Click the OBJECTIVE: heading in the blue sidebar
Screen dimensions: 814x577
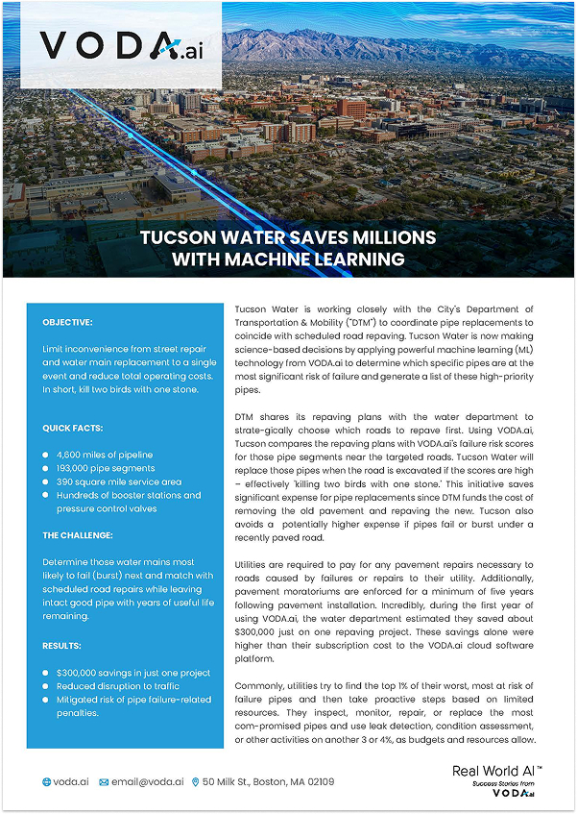[68, 322]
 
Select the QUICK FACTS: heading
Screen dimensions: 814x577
[73, 428]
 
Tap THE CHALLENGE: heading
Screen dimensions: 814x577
[78, 534]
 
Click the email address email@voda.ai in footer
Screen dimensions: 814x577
[148, 782]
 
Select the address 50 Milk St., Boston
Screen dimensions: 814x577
[269, 782]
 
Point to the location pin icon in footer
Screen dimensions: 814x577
[196, 782]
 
